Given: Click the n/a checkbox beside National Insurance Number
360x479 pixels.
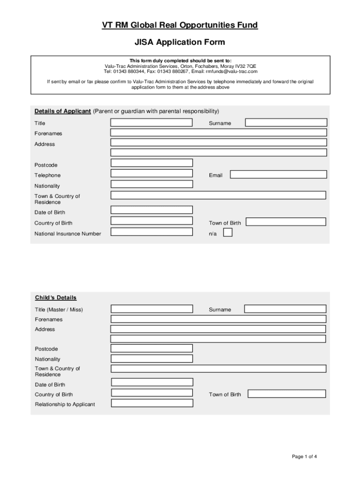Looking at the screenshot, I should point(228,233).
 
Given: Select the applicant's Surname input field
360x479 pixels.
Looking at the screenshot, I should point(286,123).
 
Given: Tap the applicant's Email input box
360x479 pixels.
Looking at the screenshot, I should point(279,174).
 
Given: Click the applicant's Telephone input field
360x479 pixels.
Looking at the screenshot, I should point(151,173).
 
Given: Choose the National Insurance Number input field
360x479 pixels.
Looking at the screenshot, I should point(151,232).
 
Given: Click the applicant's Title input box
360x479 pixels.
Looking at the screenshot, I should point(151,123).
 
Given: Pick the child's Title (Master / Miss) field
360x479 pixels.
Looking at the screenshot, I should point(151,309).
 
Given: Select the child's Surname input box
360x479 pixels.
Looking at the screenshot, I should point(285,309).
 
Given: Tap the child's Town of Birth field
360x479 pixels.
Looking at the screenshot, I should point(287,394).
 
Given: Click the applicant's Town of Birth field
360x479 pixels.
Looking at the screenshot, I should point(286,222).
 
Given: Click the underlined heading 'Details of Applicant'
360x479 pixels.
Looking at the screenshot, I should point(63,111).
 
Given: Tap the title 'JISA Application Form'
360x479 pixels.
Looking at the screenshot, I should point(180,43).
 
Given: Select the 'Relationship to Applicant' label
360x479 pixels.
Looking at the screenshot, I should point(65,404).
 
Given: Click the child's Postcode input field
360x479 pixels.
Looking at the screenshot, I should point(151,348).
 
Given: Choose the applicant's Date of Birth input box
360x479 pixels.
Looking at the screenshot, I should point(151,210).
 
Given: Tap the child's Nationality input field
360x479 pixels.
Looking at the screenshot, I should point(151,358).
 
